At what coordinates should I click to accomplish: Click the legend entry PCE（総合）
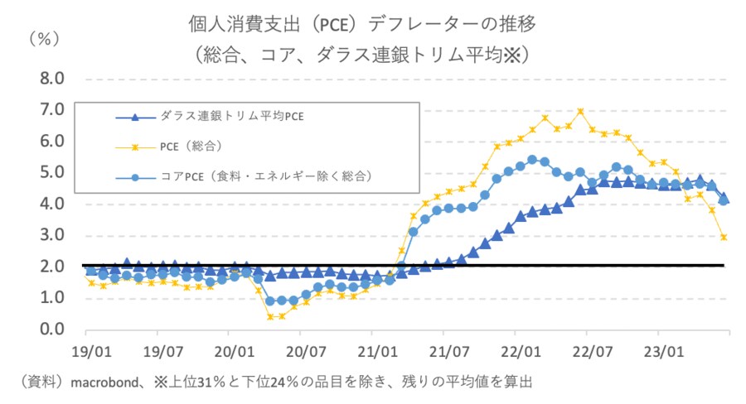(190, 146)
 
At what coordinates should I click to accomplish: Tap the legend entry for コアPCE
(265, 176)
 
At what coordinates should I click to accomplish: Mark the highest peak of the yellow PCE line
(580, 111)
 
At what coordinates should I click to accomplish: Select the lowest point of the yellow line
(270, 316)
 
